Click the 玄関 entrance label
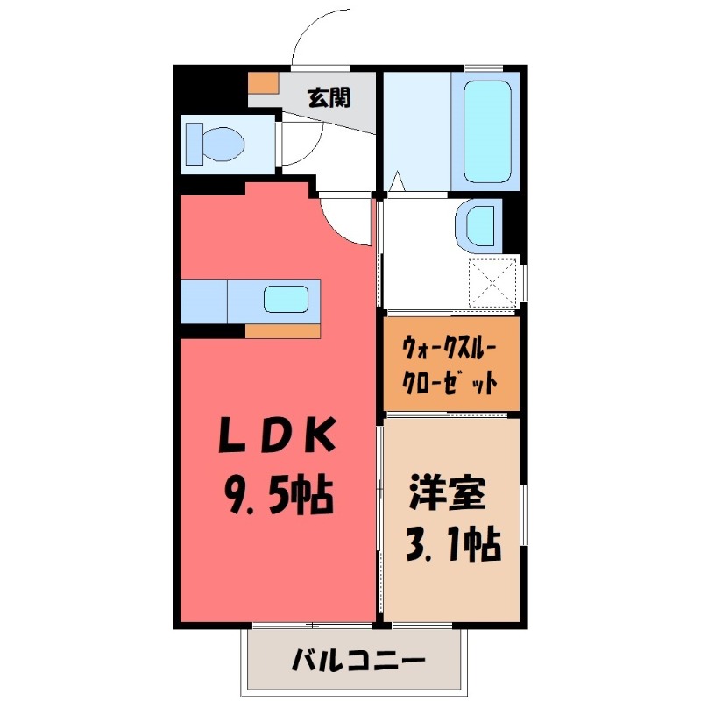point(329,97)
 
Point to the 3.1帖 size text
point(451,545)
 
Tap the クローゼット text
point(450,381)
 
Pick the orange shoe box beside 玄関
point(263,81)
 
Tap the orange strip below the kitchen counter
point(283,330)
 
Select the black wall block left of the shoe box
point(210,89)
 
